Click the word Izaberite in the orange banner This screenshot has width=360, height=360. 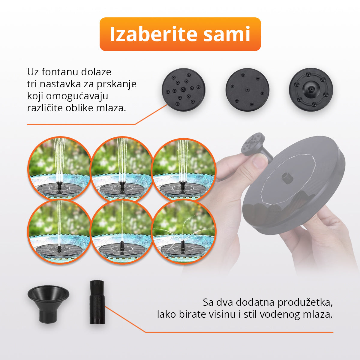pyautogui.click(x=154, y=34)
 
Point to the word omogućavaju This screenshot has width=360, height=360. pyautogui.click(x=77, y=96)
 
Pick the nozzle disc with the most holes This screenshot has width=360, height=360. pyautogui.click(x=184, y=90)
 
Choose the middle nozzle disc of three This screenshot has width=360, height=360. pyautogui.click(x=247, y=90)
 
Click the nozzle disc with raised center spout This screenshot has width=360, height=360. pyautogui.click(x=311, y=90)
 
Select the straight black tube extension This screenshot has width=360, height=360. pyautogui.click(x=97, y=302)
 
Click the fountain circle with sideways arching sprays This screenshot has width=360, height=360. pyautogui.click(x=184, y=232)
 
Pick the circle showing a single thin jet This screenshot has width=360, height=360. pyautogui.click(x=122, y=232)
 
